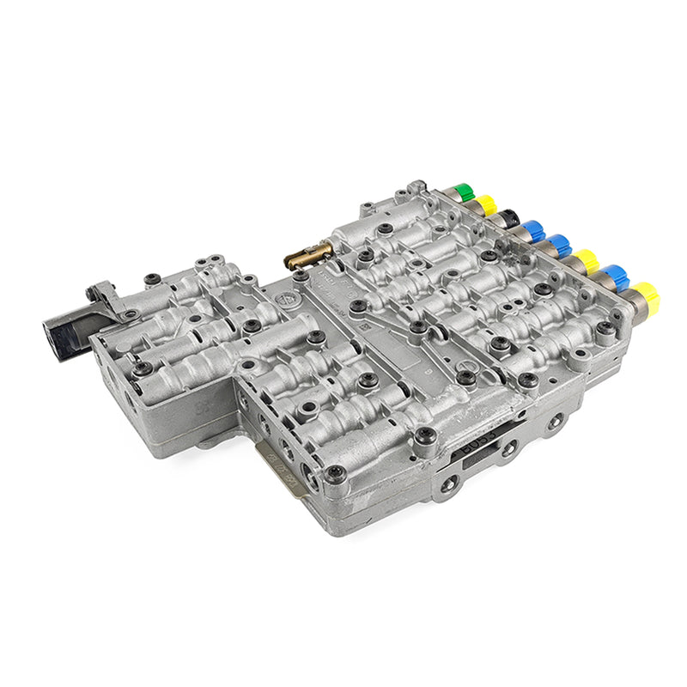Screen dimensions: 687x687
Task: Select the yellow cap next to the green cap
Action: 487,205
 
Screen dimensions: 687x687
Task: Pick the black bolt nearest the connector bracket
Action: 152,278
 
